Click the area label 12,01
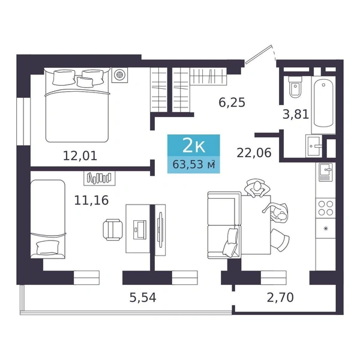point(80,156)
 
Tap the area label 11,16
point(91,200)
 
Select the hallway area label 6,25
point(232,103)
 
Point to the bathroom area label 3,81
point(296,114)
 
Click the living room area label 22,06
point(254,152)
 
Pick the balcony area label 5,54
point(143,298)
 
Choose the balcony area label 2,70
point(280,298)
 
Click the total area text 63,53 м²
point(194,164)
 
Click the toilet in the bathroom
point(295,87)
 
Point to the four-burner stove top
point(326,208)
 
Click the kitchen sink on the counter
point(325,172)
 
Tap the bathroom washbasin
point(314,146)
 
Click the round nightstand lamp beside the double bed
point(119,75)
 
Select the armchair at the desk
point(113,230)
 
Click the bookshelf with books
point(100,178)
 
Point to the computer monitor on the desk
point(140,229)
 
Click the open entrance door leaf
point(259,55)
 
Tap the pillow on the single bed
point(47,247)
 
